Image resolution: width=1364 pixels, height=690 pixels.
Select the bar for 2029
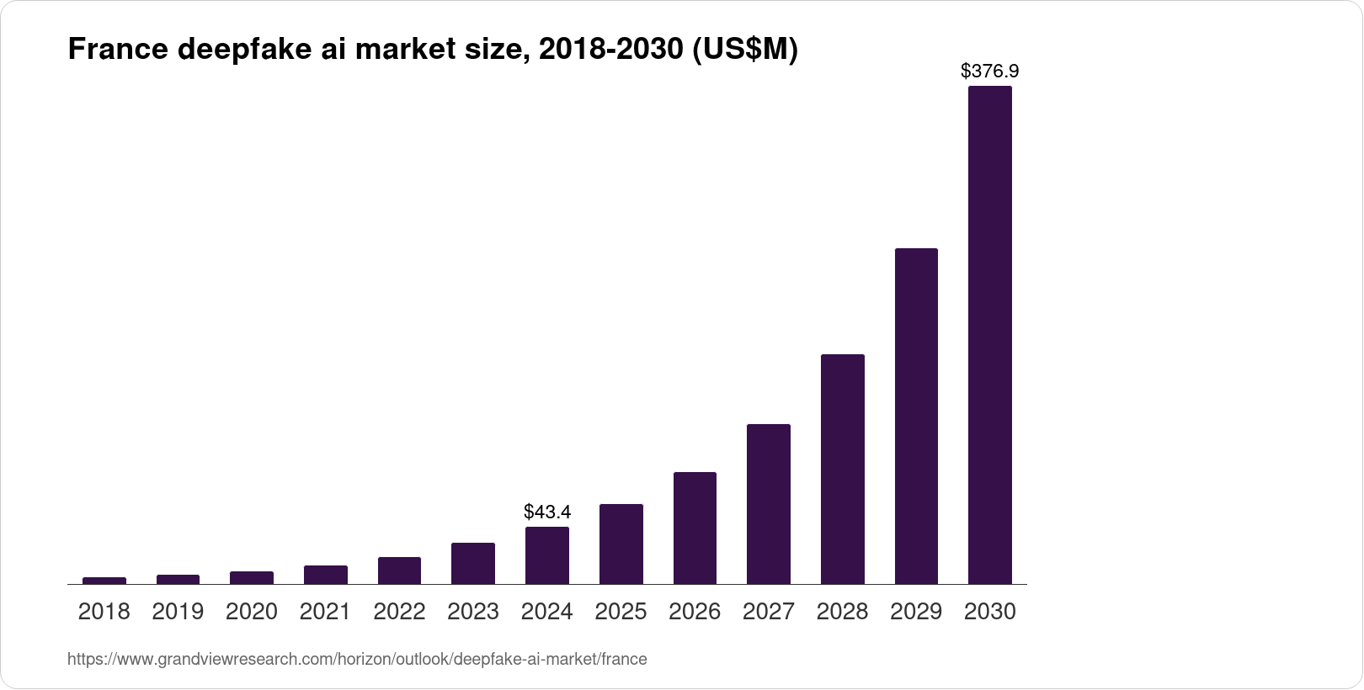[x=916, y=416]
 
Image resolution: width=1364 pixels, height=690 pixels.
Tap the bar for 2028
[x=842, y=469]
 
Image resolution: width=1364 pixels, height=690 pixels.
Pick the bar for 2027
[x=768, y=504]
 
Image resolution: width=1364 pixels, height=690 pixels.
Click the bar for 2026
[x=695, y=528]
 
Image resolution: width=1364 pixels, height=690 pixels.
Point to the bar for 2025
[x=621, y=544]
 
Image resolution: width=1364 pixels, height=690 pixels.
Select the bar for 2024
[x=546, y=555]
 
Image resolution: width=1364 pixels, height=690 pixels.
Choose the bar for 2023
[x=472, y=563]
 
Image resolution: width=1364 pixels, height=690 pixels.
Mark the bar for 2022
[x=399, y=571]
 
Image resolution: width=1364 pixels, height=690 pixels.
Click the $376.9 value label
[x=989, y=72]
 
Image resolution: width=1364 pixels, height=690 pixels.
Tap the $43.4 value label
[x=547, y=512]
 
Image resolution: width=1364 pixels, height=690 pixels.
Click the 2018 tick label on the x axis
[x=104, y=612]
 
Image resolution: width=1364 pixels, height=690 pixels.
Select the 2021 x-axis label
[x=325, y=612]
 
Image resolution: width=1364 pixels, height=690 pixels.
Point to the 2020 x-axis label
[x=251, y=612]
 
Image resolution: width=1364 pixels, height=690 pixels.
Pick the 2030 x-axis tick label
[x=989, y=612]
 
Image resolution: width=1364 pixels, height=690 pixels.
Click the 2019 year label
[x=178, y=612]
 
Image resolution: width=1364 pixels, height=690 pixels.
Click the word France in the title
[x=119, y=50]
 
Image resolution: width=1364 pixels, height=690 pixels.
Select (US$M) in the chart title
[x=743, y=50]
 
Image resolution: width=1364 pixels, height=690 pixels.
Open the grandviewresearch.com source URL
[x=357, y=659]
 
